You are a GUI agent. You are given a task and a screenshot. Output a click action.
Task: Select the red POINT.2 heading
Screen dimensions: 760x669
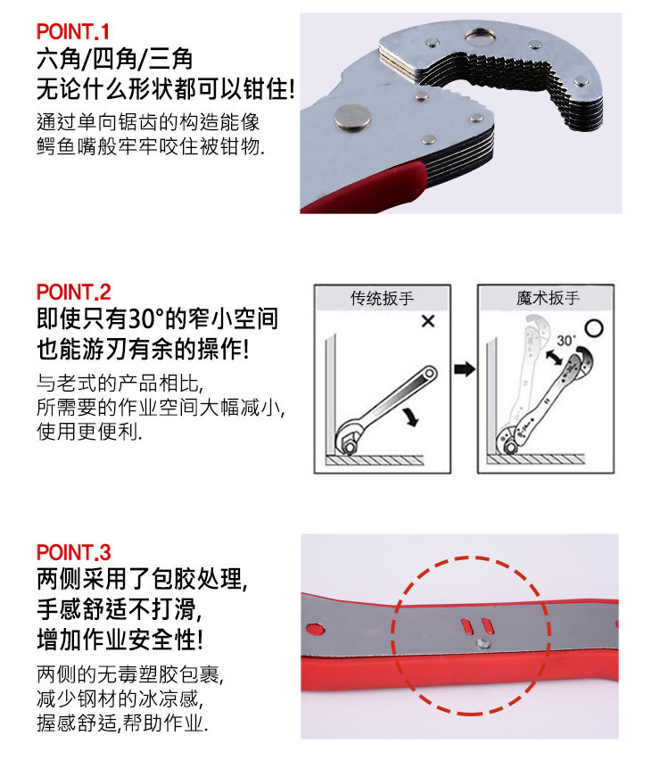click(74, 292)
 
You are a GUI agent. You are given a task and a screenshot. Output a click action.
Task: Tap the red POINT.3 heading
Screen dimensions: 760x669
click(74, 552)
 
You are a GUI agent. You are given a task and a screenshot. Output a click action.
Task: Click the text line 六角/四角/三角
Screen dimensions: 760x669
click(114, 60)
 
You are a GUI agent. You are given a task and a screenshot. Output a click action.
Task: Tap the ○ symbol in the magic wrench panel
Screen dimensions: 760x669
click(595, 326)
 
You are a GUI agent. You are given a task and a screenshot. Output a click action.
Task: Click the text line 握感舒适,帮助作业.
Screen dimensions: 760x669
click(123, 723)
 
